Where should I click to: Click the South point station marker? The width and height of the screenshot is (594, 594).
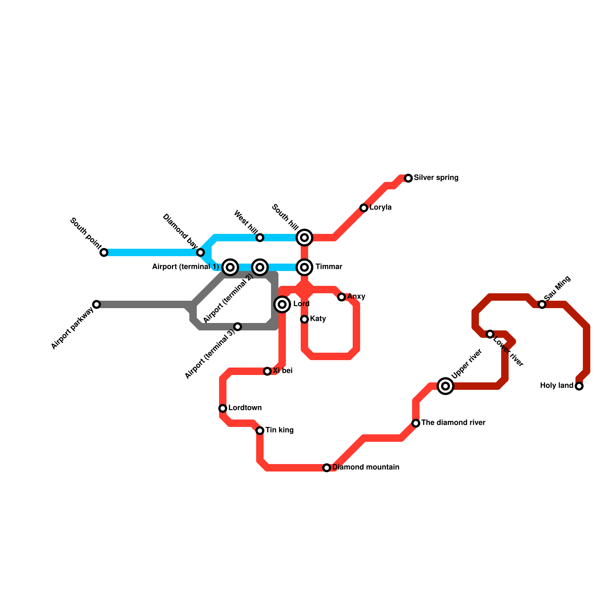point(104,252)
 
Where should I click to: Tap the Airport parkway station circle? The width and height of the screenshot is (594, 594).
point(97,304)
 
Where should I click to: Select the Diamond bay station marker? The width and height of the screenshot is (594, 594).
point(200,252)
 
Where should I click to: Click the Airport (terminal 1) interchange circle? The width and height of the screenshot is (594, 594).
point(230,267)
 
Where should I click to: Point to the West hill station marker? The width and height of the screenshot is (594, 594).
point(260,238)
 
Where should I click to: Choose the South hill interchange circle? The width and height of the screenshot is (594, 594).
point(304,238)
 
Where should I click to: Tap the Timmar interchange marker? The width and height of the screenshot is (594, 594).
point(304,267)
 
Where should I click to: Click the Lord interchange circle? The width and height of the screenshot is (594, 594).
point(282,304)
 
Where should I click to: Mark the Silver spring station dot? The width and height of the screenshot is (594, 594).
point(408,178)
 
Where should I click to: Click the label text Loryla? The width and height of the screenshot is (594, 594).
point(380,208)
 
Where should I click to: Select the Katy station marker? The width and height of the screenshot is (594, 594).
point(304,319)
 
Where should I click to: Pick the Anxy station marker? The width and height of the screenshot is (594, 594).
point(342,297)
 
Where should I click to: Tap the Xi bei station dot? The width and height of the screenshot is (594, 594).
point(267,371)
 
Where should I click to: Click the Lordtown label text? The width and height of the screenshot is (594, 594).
point(245,408)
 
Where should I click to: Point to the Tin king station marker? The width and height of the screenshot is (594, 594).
point(260,431)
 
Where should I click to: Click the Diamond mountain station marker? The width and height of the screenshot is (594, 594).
point(327,468)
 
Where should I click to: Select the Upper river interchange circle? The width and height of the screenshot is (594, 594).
point(446,386)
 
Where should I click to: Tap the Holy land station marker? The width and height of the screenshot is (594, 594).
point(579,386)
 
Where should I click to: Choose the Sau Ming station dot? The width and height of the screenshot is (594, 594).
point(542,304)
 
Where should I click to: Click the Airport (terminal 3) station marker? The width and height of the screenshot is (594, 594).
point(238,327)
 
